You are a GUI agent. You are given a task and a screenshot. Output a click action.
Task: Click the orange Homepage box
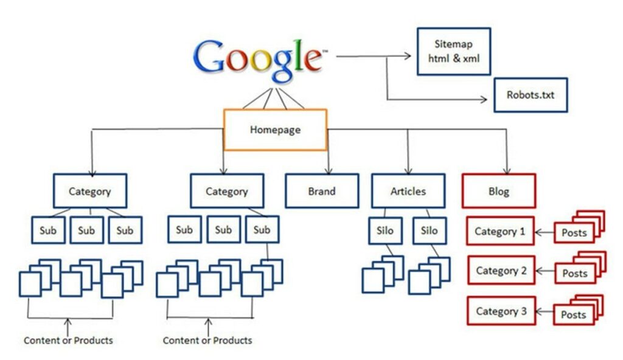point(276,130)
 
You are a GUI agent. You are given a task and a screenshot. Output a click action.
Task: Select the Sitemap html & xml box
point(453,51)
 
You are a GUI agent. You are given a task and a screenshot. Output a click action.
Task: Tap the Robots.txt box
point(530,95)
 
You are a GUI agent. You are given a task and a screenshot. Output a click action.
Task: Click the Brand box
point(321,191)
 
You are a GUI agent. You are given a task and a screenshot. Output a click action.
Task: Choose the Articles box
point(408,191)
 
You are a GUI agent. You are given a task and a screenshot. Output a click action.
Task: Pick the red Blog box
point(499,191)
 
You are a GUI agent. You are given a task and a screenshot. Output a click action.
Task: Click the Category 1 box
point(500,231)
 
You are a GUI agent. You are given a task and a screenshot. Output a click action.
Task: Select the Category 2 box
point(501,271)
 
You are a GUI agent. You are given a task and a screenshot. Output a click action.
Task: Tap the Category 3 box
point(501,311)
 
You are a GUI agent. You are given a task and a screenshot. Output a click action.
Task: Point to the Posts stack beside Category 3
point(576,314)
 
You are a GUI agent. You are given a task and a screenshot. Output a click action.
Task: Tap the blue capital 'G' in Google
point(211,57)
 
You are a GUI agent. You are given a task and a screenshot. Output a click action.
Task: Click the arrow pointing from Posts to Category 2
point(544,272)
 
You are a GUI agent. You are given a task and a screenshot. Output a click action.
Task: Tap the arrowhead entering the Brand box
point(329,170)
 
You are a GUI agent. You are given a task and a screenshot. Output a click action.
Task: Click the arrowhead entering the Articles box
point(408,170)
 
